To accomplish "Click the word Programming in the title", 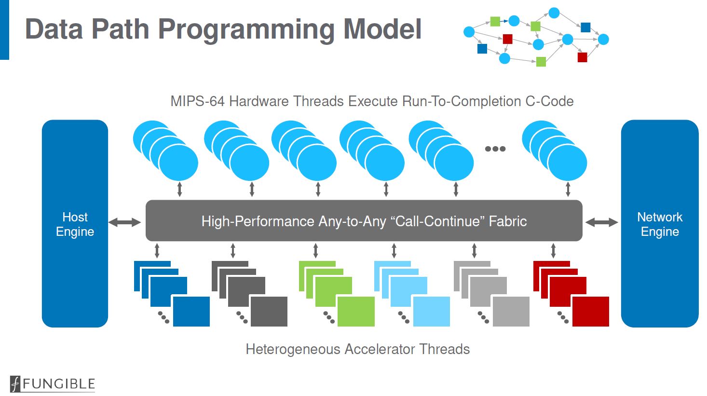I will pyautogui.click(x=246, y=29).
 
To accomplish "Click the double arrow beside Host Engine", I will pyautogui.click(x=124, y=222).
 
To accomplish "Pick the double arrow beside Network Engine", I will pyautogui.click(x=601, y=222).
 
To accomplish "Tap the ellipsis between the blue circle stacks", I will pyautogui.click(x=495, y=149).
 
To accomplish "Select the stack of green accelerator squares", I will pyautogui.click(x=336, y=293).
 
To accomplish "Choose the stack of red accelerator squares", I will pyautogui.click(x=571, y=293).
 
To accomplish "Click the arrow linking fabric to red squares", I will pyautogui.click(x=553, y=251).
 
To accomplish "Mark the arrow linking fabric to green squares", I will pyautogui.click(x=315, y=251).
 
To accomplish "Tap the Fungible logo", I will pyautogui.click(x=53, y=384).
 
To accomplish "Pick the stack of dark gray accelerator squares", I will pyautogui.click(x=249, y=293).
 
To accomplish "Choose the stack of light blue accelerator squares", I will pyautogui.click(x=411, y=293).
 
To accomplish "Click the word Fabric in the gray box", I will pyautogui.click(x=508, y=221).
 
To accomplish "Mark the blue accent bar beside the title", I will pyautogui.click(x=4, y=29).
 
